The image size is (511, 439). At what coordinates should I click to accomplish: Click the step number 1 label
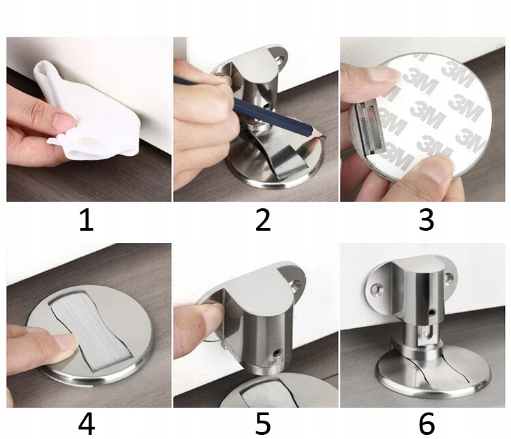coord(87,221)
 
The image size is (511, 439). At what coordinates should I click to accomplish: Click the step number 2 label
coord(263,221)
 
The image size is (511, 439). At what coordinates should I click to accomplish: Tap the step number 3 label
coord(427,221)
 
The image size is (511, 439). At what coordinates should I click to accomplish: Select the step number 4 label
coord(87,424)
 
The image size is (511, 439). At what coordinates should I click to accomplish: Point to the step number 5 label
coord(263,424)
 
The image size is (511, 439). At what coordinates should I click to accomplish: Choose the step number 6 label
coord(427,424)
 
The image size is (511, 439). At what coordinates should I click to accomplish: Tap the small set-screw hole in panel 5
coord(277,353)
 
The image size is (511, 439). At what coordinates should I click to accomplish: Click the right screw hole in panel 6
coord(450,278)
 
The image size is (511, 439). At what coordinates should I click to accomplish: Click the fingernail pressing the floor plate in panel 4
coord(66,342)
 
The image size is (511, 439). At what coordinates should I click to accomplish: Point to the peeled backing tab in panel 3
coord(369,128)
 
